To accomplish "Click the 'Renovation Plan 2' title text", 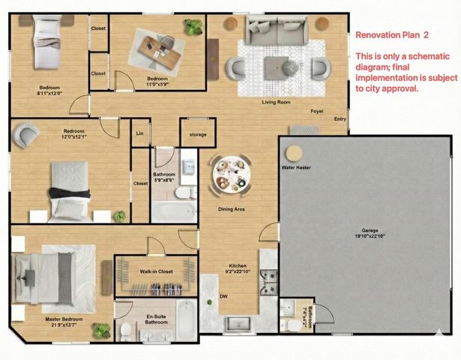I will (x=392, y=34).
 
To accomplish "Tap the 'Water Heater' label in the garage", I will (x=297, y=168).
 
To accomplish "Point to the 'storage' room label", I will (x=197, y=135).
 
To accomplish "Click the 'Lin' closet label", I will (x=139, y=134).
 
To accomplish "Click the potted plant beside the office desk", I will (x=194, y=28).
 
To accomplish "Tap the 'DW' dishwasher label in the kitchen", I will (x=223, y=296).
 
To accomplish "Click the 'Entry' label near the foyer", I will (x=340, y=118).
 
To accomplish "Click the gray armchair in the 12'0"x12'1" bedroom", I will (x=27, y=136).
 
